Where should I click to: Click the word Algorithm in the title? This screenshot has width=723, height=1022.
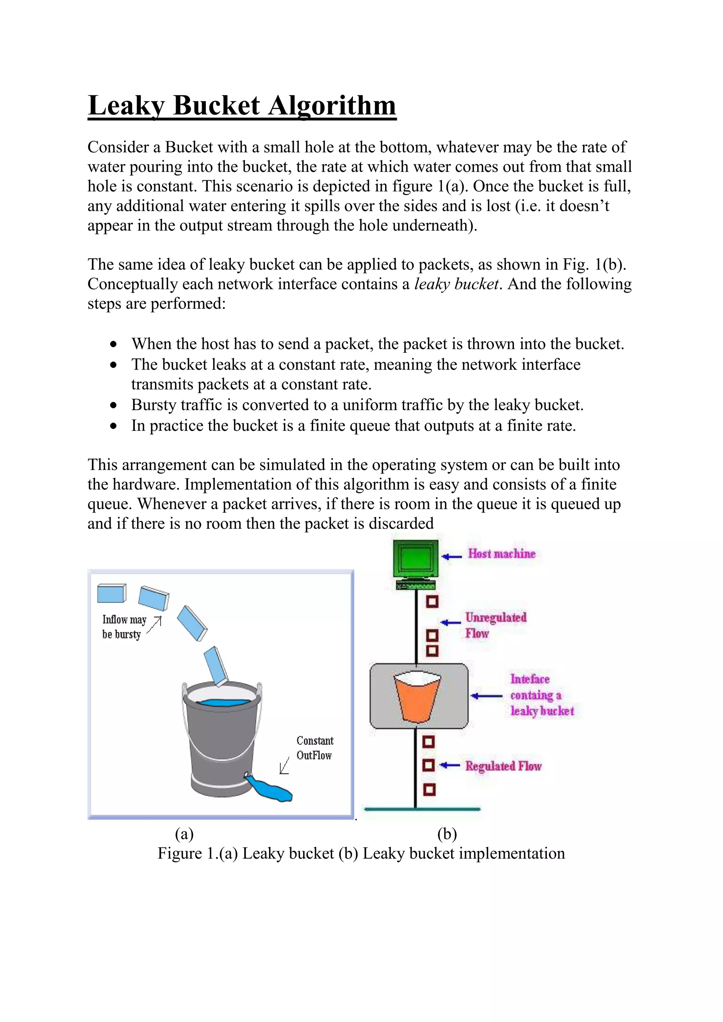click(332, 106)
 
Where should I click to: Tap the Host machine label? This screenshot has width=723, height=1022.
click(501, 554)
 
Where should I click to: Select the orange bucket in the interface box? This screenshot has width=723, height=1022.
click(417, 697)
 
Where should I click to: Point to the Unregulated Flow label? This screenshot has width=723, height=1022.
click(496, 625)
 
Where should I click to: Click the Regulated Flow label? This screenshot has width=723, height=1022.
click(503, 766)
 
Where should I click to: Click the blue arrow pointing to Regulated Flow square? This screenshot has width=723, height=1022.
click(450, 765)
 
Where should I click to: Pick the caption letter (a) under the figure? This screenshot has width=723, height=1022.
click(184, 834)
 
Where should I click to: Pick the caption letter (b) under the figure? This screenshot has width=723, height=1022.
click(447, 834)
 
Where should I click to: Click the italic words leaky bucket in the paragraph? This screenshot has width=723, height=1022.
click(456, 284)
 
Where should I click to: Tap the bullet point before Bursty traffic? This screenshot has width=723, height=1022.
click(114, 405)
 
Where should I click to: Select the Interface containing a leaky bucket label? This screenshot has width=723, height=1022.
click(541, 695)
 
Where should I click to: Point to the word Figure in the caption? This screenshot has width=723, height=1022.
click(179, 854)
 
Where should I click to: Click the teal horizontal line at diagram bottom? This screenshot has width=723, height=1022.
click(422, 809)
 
